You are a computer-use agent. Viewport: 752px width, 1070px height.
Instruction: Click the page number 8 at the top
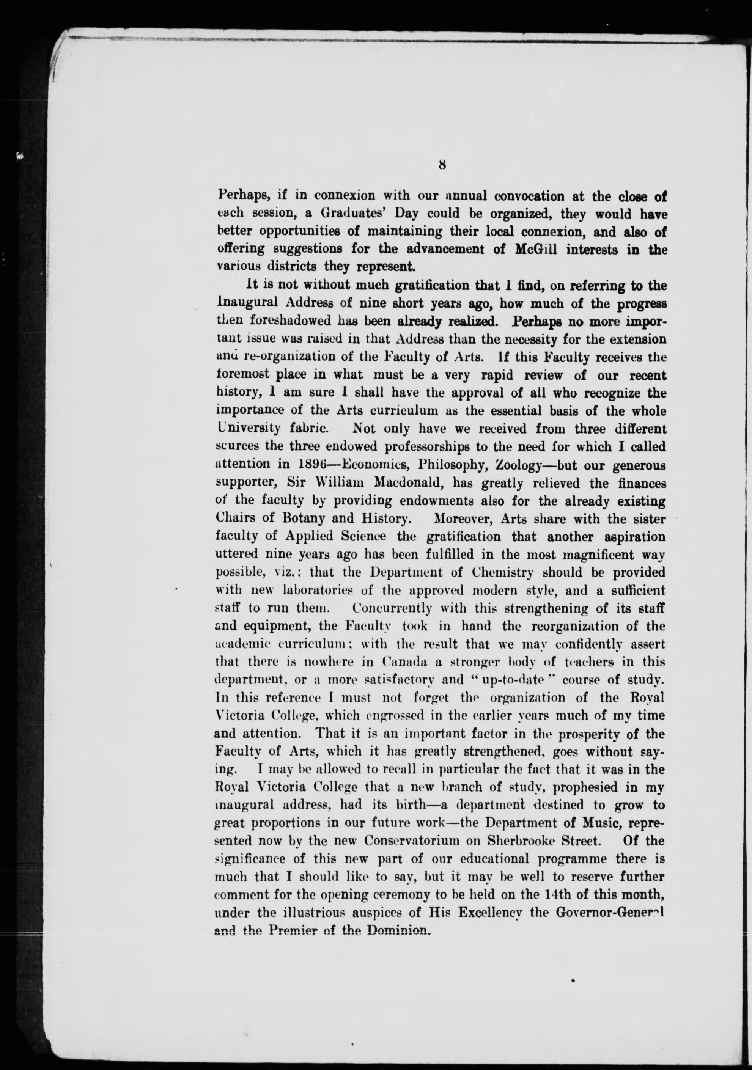[x=442, y=165]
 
